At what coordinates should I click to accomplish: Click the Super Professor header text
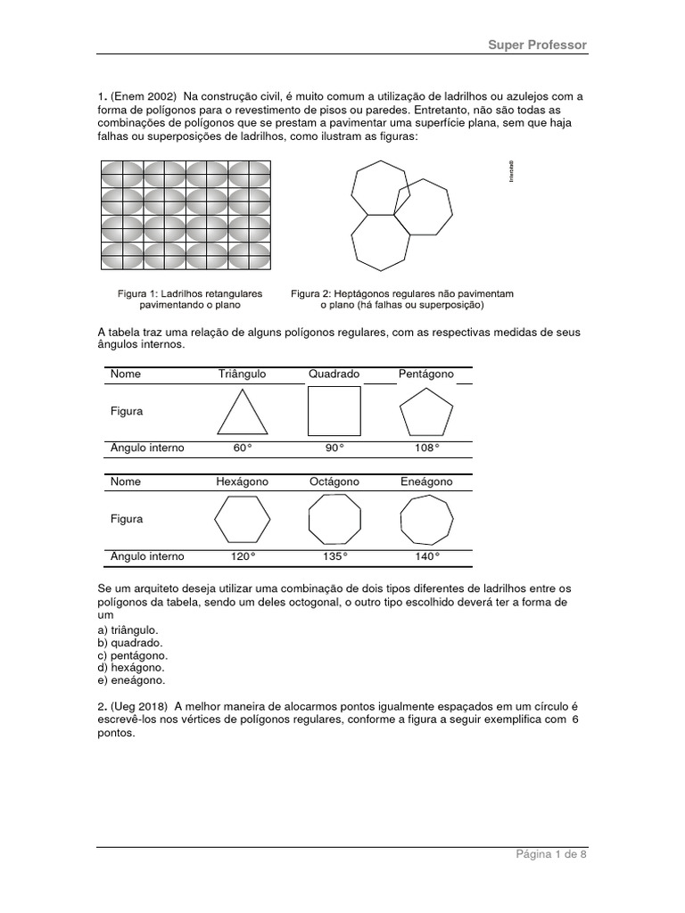[536, 45]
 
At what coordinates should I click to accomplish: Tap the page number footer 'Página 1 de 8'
[550, 854]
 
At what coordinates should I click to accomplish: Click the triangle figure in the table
[242, 412]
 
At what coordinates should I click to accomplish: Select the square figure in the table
[334, 411]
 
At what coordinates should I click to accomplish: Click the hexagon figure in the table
[242, 519]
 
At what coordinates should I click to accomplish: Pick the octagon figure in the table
[334, 519]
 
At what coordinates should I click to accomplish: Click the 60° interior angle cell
[242, 448]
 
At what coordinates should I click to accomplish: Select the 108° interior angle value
[427, 448]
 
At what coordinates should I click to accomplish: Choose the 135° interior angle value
[334, 556]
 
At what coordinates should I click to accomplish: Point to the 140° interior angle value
[427, 556]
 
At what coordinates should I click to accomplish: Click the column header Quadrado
[334, 374]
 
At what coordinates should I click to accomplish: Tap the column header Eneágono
[427, 481]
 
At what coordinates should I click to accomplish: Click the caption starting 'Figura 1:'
[190, 299]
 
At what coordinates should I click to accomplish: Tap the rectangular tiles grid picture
[186, 214]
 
